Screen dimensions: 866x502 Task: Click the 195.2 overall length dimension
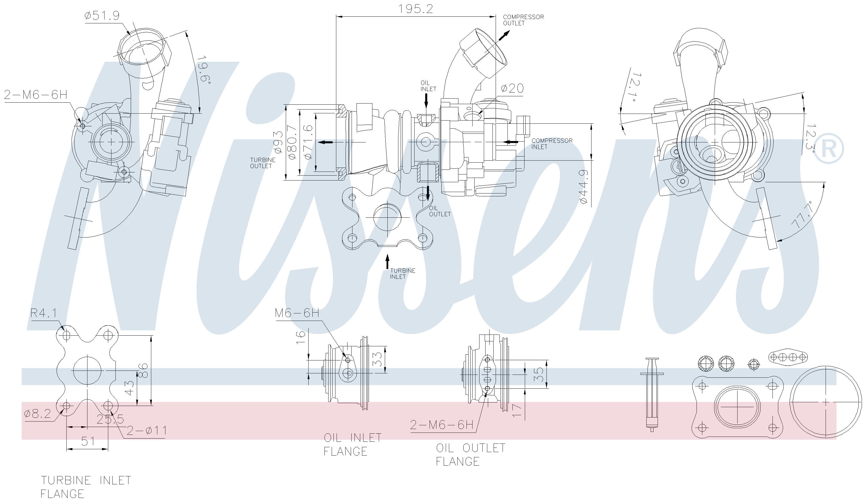[415, 9]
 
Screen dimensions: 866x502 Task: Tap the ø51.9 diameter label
[102, 16]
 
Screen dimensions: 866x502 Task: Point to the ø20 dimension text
[512, 89]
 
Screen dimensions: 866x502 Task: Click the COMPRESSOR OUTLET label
[523, 20]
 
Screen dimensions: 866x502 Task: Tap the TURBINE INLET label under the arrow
[402, 274]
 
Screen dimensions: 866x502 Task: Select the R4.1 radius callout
[44, 313]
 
